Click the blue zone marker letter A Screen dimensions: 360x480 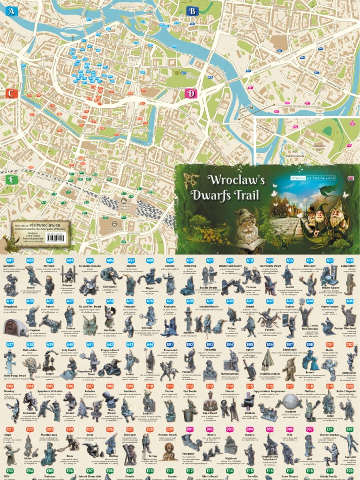(x=11, y=11)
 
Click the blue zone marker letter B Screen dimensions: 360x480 (x=192, y=11)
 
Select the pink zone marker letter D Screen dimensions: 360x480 (x=191, y=93)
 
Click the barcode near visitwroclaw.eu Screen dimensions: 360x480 (x=56, y=238)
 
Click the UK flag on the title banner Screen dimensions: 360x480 (x=350, y=178)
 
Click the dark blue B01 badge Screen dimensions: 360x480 (x=170, y=345)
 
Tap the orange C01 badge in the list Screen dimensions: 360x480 (x=330, y=345)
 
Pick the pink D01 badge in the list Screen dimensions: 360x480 (x=190, y=428)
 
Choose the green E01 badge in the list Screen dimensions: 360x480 (x=330, y=428)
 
